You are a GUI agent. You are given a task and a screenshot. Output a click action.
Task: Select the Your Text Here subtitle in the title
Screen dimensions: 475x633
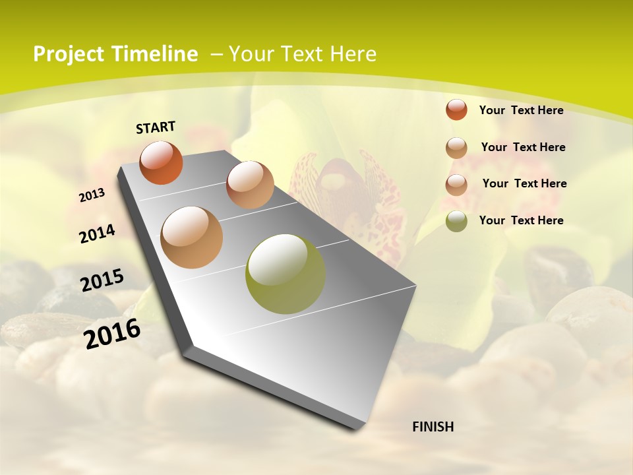pyautogui.click(x=303, y=54)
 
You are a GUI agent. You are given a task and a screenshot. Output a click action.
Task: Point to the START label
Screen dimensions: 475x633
pyautogui.click(x=156, y=127)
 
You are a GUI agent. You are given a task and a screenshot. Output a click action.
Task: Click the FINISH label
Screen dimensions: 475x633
pyautogui.click(x=433, y=427)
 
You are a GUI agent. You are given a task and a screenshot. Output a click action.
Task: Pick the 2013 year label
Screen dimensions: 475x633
pyautogui.click(x=92, y=195)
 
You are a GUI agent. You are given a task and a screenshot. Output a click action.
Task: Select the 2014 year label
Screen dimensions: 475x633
pyautogui.click(x=97, y=234)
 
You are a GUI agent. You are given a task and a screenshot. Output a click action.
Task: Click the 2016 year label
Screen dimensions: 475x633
pyautogui.click(x=112, y=334)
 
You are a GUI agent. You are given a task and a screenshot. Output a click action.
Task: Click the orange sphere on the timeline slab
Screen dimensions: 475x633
pyautogui.click(x=161, y=162)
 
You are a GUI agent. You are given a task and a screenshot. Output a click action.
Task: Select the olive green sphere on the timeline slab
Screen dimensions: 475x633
pyautogui.click(x=285, y=274)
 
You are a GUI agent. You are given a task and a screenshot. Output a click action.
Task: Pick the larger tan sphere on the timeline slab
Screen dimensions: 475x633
pyautogui.click(x=192, y=237)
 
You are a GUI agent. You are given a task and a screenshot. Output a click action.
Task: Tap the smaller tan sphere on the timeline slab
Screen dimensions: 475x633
pyautogui.click(x=250, y=185)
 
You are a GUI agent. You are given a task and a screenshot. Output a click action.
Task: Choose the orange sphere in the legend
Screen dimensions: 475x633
pyautogui.click(x=456, y=110)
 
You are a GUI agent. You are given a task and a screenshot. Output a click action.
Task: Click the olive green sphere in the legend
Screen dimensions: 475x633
pyautogui.click(x=456, y=220)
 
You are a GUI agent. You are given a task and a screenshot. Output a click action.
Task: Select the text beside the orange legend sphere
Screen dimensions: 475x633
pyautogui.click(x=521, y=110)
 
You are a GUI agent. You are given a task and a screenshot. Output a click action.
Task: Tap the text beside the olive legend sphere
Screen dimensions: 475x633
pyautogui.click(x=521, y=220)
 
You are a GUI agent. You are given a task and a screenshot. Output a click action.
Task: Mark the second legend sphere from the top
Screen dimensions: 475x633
pyautogui.click(x=456, y=147)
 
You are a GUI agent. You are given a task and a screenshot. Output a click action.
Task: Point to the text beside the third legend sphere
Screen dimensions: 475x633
pyautogui.click(x=524, y=183)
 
